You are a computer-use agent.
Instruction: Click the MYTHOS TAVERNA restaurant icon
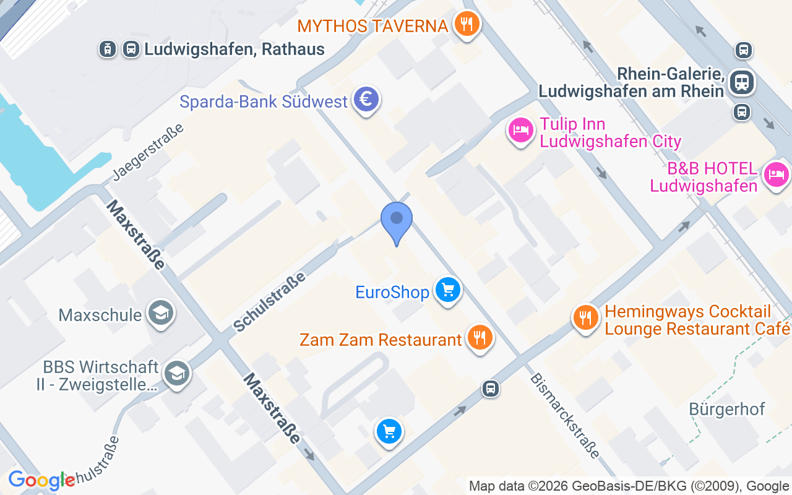click(x=467, y=25)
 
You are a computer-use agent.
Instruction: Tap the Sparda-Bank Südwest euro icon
click(x=366, y=99)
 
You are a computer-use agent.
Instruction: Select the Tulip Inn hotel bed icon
click(x=520, y=130)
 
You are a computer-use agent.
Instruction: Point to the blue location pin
click(x=397, y=221)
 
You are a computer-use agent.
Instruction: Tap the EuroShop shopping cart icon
click(x=448, y=290)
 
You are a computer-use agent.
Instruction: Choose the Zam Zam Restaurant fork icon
click(x=480, y=338)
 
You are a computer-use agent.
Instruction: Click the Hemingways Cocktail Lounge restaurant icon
click(x=585, y=318)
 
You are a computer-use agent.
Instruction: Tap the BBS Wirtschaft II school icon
click(x=177, y=373)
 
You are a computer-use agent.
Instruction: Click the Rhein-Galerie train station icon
click(x=741, y=82)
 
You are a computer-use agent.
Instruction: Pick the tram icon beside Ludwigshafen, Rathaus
click(x=108, y=49)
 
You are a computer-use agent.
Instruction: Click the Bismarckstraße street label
click(x=565, y=415)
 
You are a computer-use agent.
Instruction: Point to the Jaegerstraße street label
click(x=148, y=152)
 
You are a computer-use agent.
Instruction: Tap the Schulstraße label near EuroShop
click(x=270, y=301)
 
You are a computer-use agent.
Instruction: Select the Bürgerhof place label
click(x=727, y=409)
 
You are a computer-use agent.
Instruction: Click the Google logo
click(x=41, y=480)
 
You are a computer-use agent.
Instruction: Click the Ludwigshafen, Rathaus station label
click(x=235, y=49)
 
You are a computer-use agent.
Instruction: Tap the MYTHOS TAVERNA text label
click(x=372, y=26)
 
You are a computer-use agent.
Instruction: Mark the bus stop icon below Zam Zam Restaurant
click(x=491, y=389)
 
